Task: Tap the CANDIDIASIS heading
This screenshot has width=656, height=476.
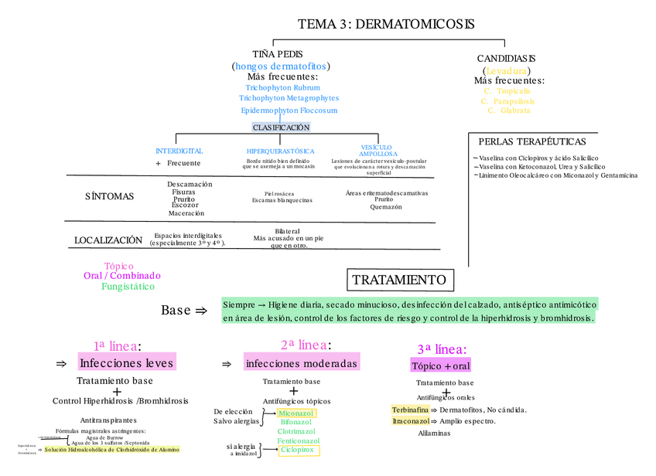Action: (x=506, y=59)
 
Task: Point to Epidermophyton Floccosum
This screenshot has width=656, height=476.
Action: (x=289, y=110)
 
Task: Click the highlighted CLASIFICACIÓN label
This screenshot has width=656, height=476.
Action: (x=281, y=127)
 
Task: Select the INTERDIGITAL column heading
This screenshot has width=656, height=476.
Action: (x=179, y=151)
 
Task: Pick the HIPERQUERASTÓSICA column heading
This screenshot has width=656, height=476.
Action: (x=280, y=151)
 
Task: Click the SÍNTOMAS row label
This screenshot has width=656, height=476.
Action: (x=109, y=196)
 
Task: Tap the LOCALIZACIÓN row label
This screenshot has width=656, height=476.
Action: (x=108, y=240)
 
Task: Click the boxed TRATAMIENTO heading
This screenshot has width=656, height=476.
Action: (x=398, y=280)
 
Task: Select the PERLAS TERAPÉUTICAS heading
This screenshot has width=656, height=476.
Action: (x=532, y=141)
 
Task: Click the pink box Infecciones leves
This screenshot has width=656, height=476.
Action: (x=127, y=362)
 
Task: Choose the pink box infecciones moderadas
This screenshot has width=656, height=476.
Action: (x=302, y=362)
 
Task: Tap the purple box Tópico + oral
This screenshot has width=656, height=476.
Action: (x=441, y=365)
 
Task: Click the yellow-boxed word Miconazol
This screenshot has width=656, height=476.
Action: (x=296, y=413)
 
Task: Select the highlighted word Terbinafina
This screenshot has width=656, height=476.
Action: (x=410, y=410)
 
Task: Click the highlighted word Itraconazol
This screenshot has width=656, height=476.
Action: (x=411, y=421)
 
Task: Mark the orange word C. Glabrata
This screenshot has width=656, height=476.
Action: (x=509, y=110)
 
